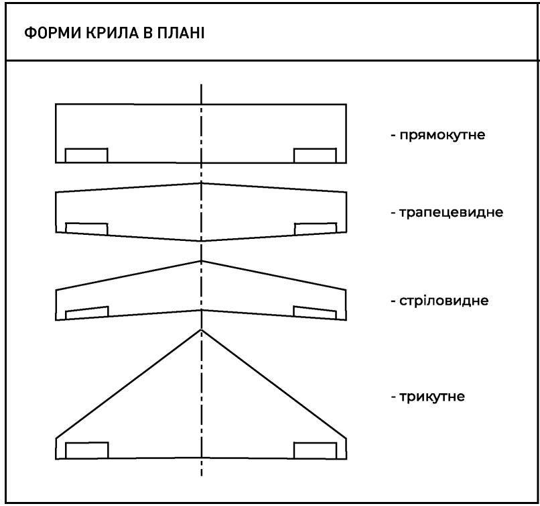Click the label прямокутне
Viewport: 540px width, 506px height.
pos(442,135)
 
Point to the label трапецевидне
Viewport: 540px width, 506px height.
pos(451,212)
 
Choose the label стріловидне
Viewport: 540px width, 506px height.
pos(444,301)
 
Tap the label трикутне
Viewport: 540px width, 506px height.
pos(432,397)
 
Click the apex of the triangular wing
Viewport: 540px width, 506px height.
pos(201,330)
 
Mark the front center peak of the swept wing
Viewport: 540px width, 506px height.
pos(201,261)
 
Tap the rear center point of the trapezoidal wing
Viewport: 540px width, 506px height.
pos(201,241)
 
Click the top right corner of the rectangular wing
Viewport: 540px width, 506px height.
pos(346,104)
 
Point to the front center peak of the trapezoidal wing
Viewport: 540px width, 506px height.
pos(201,183)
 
